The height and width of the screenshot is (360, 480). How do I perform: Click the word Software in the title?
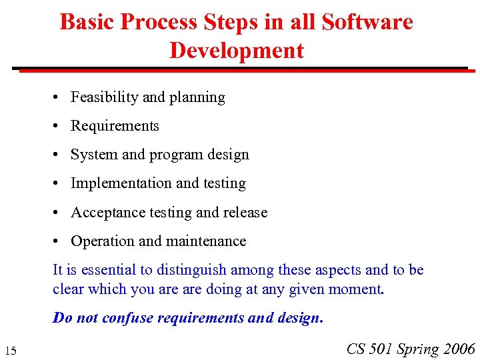[x=367, y=22]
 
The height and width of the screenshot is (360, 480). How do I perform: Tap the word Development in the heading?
[x=237, y=51]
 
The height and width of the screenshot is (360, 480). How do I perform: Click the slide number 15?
[x=10, y=351]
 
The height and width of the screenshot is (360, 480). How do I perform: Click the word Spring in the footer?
[x=419, y=349]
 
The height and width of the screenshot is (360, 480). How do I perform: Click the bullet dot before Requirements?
[x=59, y=127]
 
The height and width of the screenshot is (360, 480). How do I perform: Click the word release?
[x=245, y=213]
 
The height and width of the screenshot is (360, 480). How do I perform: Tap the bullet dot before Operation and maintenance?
[x=59, y=242]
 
